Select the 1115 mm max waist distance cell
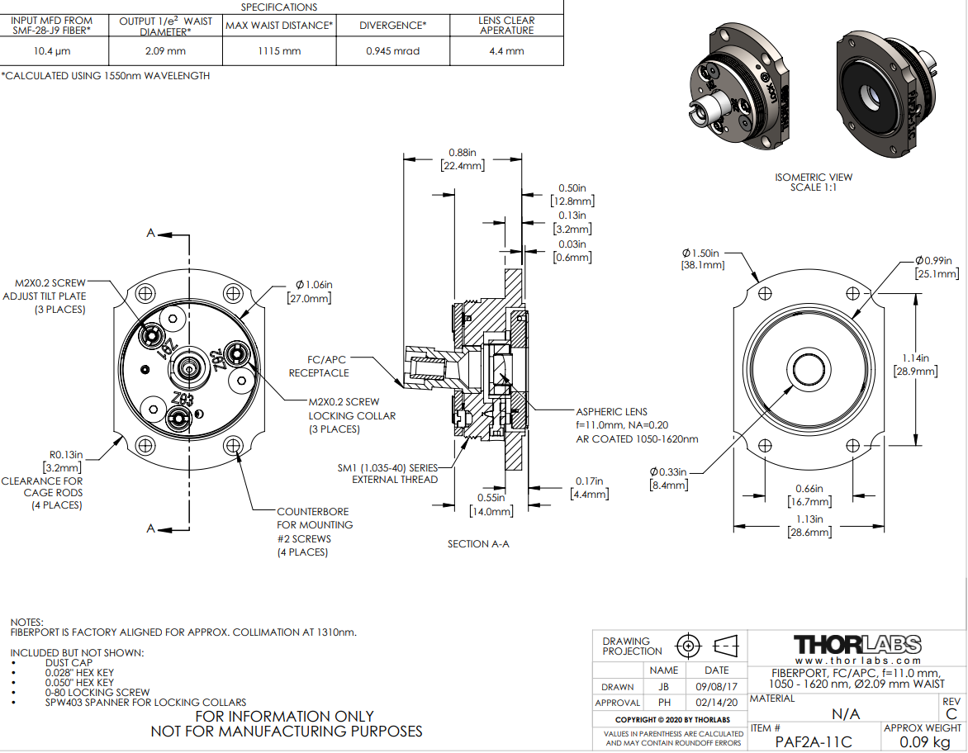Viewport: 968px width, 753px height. [x=280, y=51]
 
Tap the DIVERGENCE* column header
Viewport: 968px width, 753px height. [x=393, y=26]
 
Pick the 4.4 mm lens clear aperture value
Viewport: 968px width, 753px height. [x=507, y=51]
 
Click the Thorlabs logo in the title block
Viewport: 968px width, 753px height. [x=857, y=644]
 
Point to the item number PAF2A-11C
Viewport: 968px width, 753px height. [x=814, y=741]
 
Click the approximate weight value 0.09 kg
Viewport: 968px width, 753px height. [x=923, y=741]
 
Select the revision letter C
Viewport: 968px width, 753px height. [x=951, y=713]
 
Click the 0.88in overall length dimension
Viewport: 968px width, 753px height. [x=463, y=153]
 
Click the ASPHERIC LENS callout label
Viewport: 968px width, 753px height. [x=611, y=411]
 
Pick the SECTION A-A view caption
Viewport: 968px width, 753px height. [x=478, y=544]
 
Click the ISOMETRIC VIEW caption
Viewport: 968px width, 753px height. [x=814, y=178]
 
